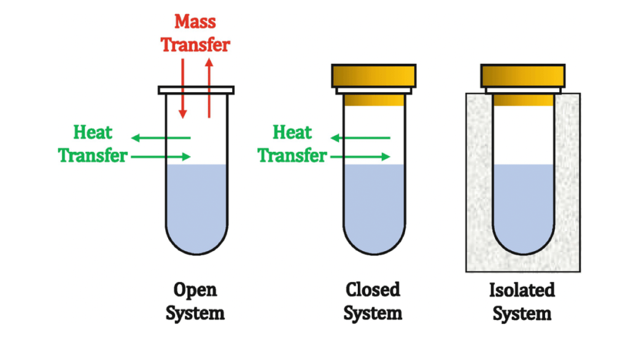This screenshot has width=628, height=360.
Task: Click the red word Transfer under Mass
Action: coord(196,45)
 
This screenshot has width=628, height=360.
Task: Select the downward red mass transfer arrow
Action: coord(182,86)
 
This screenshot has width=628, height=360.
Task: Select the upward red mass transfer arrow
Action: coord(209,86)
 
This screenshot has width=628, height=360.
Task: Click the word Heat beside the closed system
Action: coord(292,132)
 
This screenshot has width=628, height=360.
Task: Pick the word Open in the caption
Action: coord(195,289)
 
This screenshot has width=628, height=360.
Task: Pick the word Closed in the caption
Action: coord(373,289)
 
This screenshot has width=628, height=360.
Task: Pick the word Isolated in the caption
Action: coord(522,290)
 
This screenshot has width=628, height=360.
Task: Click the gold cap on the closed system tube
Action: coord(373,76)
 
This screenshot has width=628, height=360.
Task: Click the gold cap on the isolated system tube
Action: coord(522,76)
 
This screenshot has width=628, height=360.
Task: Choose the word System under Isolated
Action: coord(522,314)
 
